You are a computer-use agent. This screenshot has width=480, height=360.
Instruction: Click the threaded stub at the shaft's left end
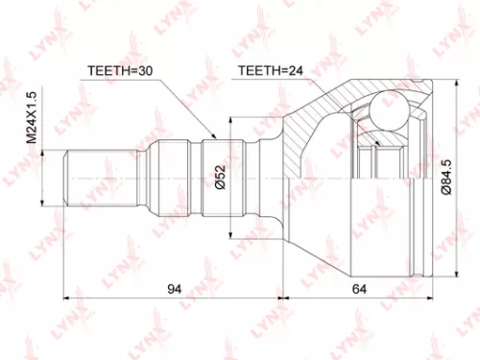[x=85, y=179]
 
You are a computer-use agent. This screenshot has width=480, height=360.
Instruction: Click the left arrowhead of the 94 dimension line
[x=68, y=296]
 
